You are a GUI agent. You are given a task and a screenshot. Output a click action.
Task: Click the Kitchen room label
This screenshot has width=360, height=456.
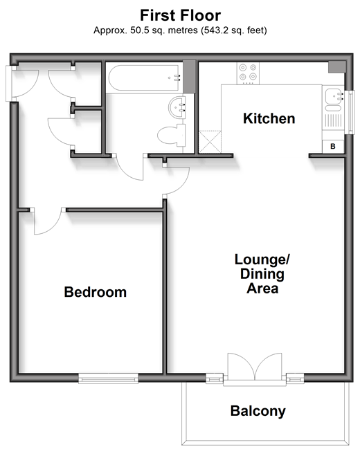click(269, 118)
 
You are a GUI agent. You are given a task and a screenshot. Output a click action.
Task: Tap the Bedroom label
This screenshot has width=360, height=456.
click(95, 292)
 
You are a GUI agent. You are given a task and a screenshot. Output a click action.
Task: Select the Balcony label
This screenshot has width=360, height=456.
click(258, 411)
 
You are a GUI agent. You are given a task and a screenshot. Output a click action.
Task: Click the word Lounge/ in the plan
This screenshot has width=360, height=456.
click(262, 259)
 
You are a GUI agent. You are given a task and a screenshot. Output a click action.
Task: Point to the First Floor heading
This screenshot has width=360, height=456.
click(181, 15)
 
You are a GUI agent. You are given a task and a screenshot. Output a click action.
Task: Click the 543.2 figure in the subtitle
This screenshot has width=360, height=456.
click(216, 30)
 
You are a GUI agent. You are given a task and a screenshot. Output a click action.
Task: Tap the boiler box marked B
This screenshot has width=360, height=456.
click(333, 146)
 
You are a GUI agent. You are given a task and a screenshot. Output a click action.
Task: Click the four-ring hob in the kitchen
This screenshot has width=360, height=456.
click(248, 73)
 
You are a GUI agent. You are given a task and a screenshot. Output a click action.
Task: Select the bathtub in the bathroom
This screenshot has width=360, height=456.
click(145, 78)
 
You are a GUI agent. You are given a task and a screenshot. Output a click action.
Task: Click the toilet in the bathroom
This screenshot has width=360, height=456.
click(172, 135)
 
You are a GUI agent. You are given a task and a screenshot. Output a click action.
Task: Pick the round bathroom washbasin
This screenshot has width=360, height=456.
click(177, 107)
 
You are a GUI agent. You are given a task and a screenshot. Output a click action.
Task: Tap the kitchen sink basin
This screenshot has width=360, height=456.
click(333, 95)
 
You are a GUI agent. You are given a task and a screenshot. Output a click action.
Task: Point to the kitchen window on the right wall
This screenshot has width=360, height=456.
click(350, 112)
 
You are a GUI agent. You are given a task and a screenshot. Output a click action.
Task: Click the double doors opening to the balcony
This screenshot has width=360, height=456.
click(255, 367)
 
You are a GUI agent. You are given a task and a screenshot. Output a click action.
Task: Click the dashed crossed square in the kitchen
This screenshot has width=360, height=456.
click(210, 142)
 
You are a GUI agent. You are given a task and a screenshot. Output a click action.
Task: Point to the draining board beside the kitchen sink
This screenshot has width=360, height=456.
click(333, 120)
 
